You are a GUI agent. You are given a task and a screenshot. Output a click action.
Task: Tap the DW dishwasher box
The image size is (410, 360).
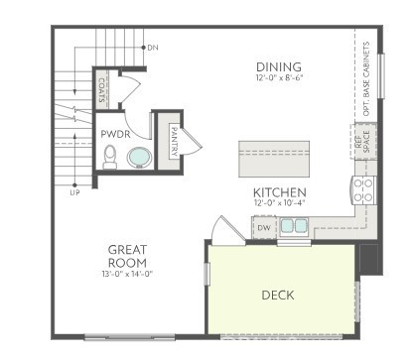click(263, 228)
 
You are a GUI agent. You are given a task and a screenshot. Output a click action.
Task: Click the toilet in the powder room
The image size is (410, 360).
click(111, 156)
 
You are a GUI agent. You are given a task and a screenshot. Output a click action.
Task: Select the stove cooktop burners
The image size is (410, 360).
click(361, 188)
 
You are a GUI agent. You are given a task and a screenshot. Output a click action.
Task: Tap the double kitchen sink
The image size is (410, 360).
click(293, 226)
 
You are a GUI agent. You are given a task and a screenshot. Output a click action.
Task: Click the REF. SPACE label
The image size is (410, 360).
click(360, 142)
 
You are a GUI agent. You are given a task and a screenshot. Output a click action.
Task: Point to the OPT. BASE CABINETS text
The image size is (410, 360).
click(366, 80)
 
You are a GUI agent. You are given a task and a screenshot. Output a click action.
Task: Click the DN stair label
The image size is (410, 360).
click(152, 46)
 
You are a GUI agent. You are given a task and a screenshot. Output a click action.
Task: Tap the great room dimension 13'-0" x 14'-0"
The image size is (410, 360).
click(128, 274)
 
